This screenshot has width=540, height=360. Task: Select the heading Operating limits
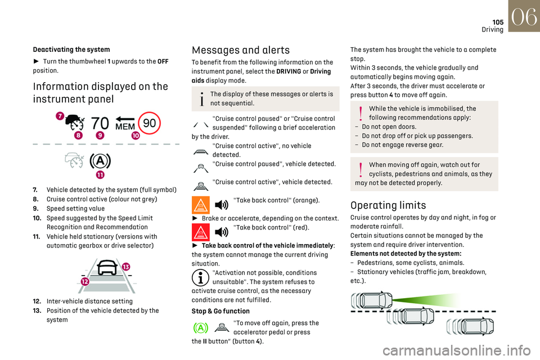[x=388, y=205]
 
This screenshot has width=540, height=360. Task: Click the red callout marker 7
[x=59, y=115]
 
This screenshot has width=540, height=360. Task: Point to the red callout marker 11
[x=100, y=174]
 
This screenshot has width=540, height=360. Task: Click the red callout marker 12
[x=84, y=281]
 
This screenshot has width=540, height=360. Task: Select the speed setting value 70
[x=100, y=123]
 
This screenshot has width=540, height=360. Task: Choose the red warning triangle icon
[x=201, y=231]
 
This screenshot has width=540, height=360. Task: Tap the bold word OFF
[x=162, y=61]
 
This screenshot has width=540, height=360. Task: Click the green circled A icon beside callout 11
[x=101, y=161]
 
